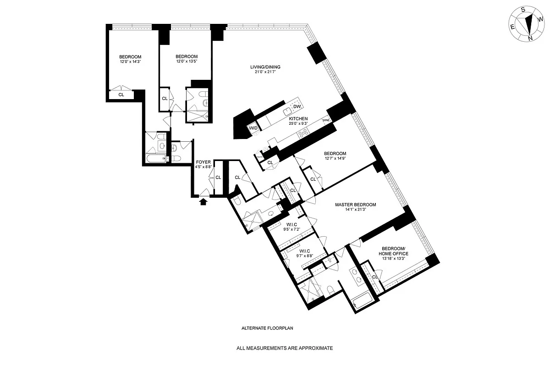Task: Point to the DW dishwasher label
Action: point(297,107)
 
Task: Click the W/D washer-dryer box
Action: point(253,128)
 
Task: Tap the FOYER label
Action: point(203,162)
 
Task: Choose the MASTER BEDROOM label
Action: point(355,205)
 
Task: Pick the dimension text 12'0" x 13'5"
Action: point(186,61)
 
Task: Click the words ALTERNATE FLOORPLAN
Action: point(267,328)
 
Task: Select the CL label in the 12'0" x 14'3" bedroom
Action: point(121,95)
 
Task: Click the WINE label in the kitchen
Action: point(326,120)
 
